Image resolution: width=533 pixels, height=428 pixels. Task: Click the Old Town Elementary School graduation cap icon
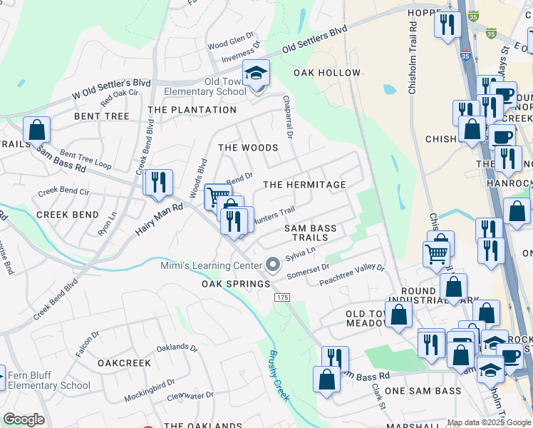[x=257, y=73]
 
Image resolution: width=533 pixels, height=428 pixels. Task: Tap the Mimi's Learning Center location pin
[x=272, y=265]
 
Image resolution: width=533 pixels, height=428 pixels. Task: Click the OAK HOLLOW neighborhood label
[x=331, y=73]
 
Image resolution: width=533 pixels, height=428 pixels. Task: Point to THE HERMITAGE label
[x=304, y=185]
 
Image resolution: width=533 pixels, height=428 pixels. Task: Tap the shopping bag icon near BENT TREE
[x=36, y=131]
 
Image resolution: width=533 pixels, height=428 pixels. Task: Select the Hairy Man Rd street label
[x=159, y=218]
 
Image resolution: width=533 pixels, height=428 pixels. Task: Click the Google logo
[x=24, y=419]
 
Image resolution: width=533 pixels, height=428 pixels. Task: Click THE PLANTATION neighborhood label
[x=192, y=110]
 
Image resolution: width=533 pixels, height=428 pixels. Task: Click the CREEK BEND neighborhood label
[x=67, y=215]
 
